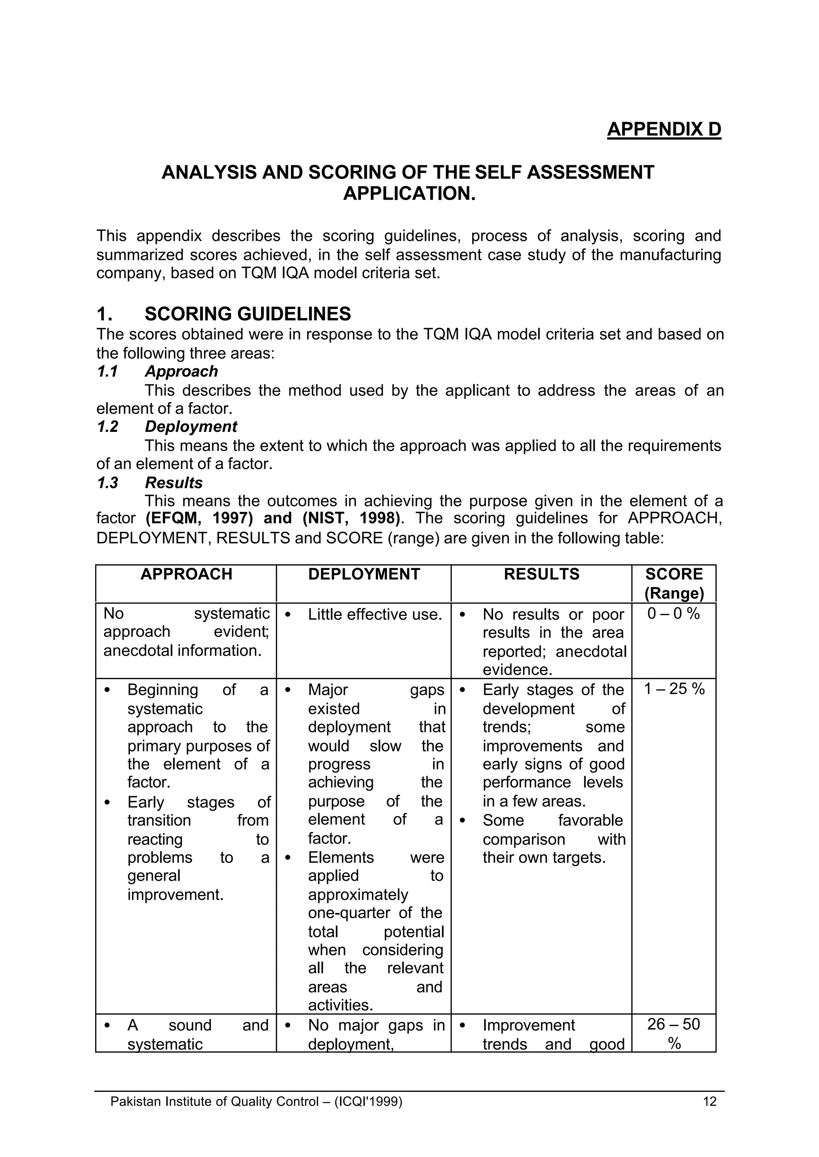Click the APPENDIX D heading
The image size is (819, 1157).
(664, 129)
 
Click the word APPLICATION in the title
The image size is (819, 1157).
(409, 194)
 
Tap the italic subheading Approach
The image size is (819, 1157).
(181, 371)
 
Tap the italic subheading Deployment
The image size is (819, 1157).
(191, 427)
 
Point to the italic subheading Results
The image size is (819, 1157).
(174, 483)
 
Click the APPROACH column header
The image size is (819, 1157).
(186, 574)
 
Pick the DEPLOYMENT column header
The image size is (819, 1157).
(364, 574)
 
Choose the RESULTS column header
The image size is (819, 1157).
(541, 574)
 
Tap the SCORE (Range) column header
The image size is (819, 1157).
(674, 583)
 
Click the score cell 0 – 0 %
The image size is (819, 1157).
(674, 614)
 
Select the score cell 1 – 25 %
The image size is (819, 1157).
(674, 689)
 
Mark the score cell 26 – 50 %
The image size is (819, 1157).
(674, 1033)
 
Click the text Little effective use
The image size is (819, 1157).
(375, 615)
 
